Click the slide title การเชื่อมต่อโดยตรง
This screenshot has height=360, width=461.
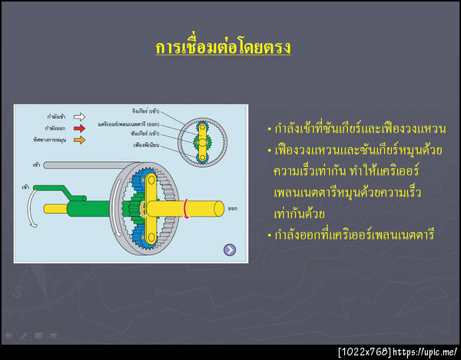[223, 48]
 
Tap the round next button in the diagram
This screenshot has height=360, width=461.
[230, 249]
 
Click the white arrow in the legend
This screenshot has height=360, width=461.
[79, 117]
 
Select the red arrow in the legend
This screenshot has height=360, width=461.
[79, 129]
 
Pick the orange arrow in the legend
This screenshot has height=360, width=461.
[79, 140]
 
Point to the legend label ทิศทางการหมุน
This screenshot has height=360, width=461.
[49, 140]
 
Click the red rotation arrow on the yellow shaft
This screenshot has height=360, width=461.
[185, 207]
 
